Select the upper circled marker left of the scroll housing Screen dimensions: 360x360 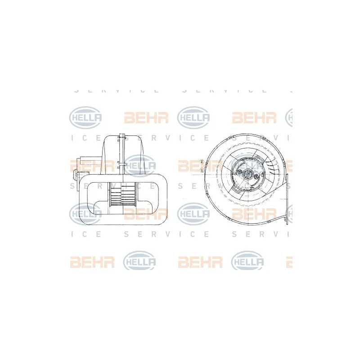202,161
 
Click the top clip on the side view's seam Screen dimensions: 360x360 121,136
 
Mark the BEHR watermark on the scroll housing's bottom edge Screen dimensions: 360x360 254,214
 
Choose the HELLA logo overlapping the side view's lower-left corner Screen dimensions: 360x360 85,214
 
